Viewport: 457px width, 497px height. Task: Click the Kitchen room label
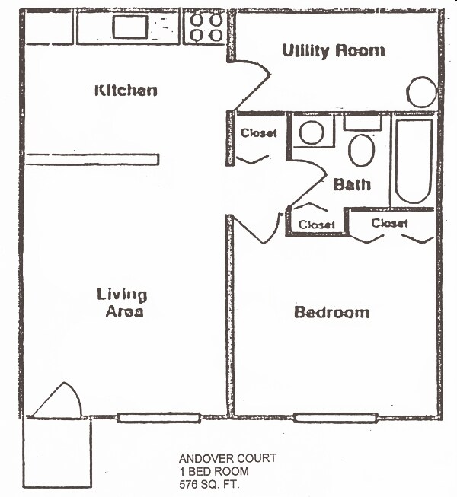pos(126,90)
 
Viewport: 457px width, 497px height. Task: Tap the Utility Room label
pos(333,51)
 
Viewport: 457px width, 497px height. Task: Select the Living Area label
pos(122,303)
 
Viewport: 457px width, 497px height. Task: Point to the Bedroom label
pos(331,312)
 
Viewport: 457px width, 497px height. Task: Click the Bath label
pos(352,184)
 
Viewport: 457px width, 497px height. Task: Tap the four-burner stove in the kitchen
pos(206,27)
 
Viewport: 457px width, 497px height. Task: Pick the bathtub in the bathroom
pos(414,161)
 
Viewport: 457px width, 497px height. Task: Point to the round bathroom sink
pos(312,132)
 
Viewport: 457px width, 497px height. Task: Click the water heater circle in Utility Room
pos(420,93)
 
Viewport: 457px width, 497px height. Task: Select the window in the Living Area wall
pos(159,417)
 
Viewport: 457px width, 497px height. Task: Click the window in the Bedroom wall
pos(335,417)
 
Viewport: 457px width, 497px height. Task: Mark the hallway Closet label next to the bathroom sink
pos(259,133)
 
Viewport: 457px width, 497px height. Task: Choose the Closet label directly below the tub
pos(390,223)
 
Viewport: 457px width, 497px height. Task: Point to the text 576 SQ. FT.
pos(209,483)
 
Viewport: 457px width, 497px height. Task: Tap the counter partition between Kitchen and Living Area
pos(92,159)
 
